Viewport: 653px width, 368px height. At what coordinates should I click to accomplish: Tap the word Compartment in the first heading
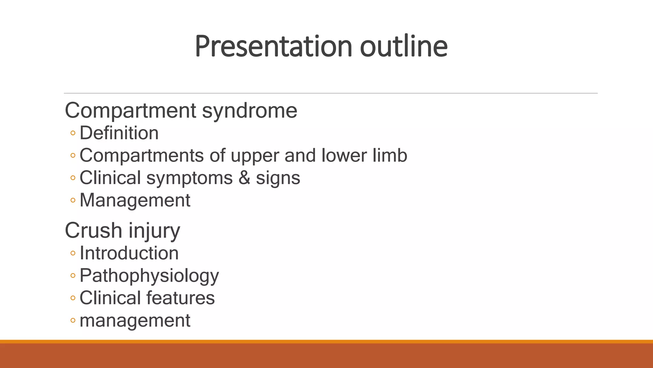(130, 111)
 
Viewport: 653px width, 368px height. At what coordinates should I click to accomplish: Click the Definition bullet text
(119, 133)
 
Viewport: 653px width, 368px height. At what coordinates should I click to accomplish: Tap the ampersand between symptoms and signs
(244, 178)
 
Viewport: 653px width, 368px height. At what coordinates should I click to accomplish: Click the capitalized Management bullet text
(135, 201)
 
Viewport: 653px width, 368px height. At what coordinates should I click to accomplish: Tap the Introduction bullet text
(129, 253)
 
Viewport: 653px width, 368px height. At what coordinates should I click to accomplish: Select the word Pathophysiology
(149, 276)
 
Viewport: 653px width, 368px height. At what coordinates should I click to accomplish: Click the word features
(180, 298)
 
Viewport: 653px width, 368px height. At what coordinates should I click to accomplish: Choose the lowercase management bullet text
(135, 321)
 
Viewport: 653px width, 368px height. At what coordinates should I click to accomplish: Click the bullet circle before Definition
(73, 133)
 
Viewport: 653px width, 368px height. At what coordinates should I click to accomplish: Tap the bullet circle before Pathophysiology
(73, 276)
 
